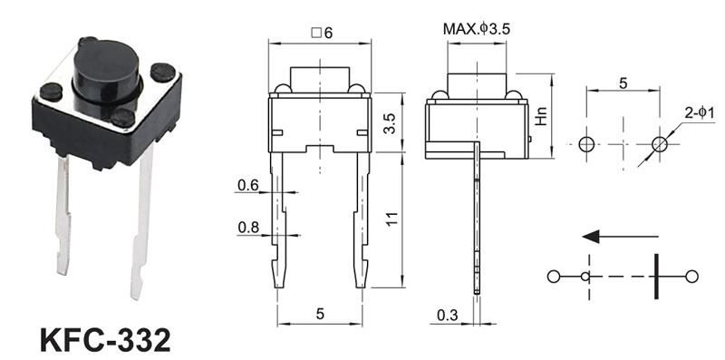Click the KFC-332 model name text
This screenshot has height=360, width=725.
(x=105, y=340)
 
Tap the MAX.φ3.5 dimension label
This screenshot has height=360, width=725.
(x=477, y=29)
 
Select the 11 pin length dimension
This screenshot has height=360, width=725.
(x=391, y=219)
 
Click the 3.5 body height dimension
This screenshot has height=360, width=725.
(x=391, y=123)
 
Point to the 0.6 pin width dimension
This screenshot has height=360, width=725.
(x=247, y=186)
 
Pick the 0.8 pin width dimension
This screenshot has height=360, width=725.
(x=248, y=228)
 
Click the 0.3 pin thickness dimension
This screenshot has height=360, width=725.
(x=447, y=316)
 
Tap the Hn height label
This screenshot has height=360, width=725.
(x=540, y=117)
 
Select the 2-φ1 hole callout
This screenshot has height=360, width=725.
(x=700, y=113)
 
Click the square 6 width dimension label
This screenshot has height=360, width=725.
(x=322, y=33)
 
